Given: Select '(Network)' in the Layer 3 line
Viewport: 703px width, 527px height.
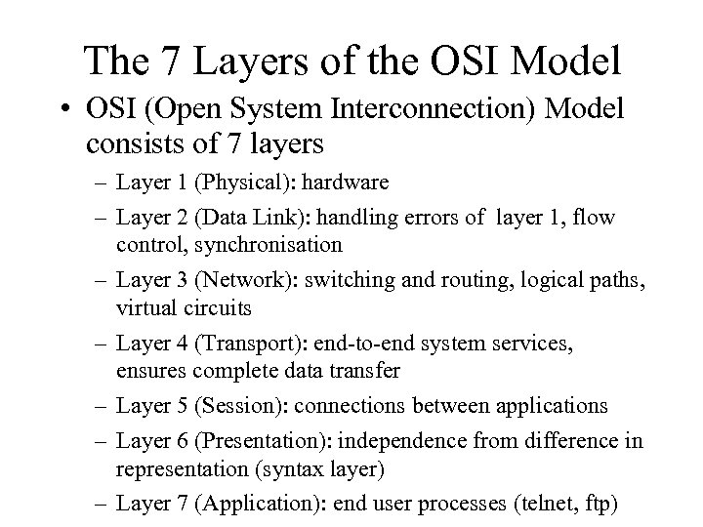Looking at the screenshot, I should point(238,279).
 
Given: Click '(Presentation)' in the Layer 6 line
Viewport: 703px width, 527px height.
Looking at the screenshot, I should point(257,441).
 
